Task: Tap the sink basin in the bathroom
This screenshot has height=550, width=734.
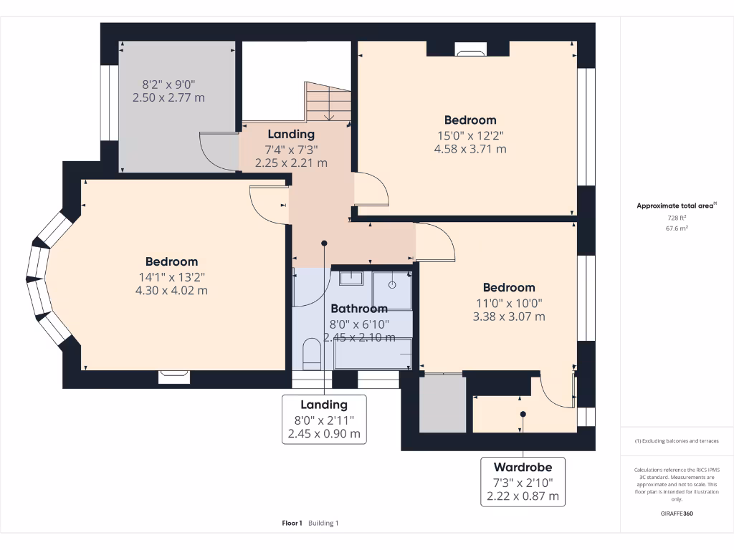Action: click(x=351, y=278)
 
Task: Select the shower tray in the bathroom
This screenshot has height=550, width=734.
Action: click(x=393, y=289)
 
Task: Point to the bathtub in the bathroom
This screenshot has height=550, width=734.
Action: click(x=373, y=354)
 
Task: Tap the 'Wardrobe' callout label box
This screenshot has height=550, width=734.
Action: click(x=523, y=482)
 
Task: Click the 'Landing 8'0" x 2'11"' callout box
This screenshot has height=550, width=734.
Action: click(x=324, y=419)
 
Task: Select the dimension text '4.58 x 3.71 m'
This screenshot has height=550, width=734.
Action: click(x=470, y=149)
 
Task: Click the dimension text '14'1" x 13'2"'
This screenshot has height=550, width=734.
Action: click(x=171, y=276)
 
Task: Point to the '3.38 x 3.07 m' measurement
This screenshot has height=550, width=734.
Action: click(x=509, y=316)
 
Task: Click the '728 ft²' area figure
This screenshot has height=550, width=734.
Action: click(x=677, y=218)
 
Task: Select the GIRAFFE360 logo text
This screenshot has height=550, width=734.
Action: click(x=677, y=513)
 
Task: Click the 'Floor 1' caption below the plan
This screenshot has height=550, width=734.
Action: click(x=292, y=524)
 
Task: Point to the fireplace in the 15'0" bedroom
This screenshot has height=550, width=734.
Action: click(x=470, y=50)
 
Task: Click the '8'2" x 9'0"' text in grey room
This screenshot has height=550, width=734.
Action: click(x=168, y=83)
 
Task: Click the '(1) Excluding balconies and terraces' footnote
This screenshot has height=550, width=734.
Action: click(x=677, y=441)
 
